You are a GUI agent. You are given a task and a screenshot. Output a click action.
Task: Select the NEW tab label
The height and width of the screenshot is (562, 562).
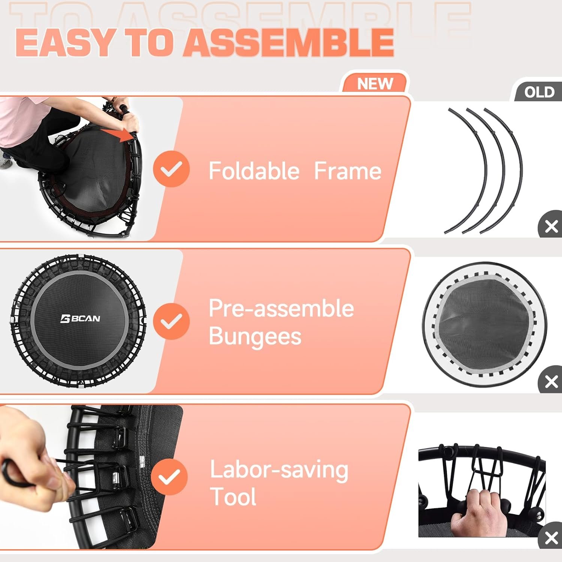click(x=375, y=84)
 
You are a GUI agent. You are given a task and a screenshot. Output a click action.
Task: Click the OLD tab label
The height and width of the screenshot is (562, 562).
click(x=539, y=92)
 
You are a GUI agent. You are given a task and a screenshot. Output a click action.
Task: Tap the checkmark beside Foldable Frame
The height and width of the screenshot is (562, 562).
click(x=171, y=169)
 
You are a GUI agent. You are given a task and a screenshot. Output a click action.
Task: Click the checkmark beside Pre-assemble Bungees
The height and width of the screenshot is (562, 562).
click(x=171, y=321)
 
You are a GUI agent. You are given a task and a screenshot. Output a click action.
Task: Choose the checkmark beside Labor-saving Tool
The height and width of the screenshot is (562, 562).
click(x=169, y=477)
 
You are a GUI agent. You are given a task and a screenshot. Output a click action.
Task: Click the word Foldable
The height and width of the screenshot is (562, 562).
click(x=254, y=171)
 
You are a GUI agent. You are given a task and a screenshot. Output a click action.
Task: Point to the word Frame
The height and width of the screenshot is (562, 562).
click(x=347, y=171)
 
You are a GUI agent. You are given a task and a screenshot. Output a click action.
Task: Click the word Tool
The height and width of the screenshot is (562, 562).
click(x=233, y=497)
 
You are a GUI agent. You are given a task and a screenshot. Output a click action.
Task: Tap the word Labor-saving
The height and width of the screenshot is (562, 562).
click(x=279, y=469)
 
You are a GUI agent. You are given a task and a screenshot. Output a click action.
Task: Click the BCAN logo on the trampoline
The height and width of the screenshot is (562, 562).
click(x=81, y=318)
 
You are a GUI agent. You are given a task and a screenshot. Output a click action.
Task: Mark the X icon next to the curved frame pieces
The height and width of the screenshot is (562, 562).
click(x=551, y=226)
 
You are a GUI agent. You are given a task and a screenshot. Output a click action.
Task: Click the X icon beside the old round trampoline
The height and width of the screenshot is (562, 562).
click(x=551, y=382)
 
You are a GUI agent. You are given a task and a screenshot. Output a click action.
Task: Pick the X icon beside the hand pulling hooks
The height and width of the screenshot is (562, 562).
click(x=551, y=538)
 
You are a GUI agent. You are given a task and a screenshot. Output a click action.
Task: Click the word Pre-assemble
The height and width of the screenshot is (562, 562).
click(x=281, y=308)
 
